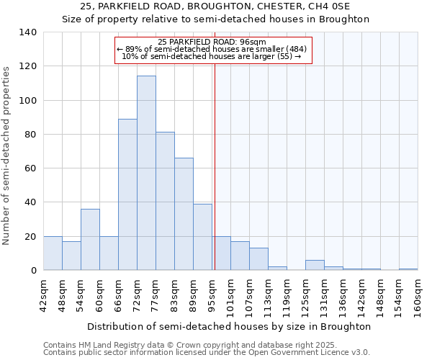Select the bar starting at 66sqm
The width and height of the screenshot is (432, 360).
coord(127,194)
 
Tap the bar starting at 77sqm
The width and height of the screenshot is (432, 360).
coord(165,201)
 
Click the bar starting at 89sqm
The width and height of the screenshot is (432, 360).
coord(202,237)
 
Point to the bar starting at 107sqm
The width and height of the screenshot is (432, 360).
coord(258,259)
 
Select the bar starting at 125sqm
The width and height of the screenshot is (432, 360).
coord(315,265)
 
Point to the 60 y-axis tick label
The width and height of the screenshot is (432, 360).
coord(31,168)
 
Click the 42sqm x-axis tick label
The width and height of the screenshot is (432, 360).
coord(44,292)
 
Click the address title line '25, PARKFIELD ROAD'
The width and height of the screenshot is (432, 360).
coord(215,6)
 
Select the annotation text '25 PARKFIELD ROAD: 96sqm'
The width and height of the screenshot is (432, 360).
coord(212,42)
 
